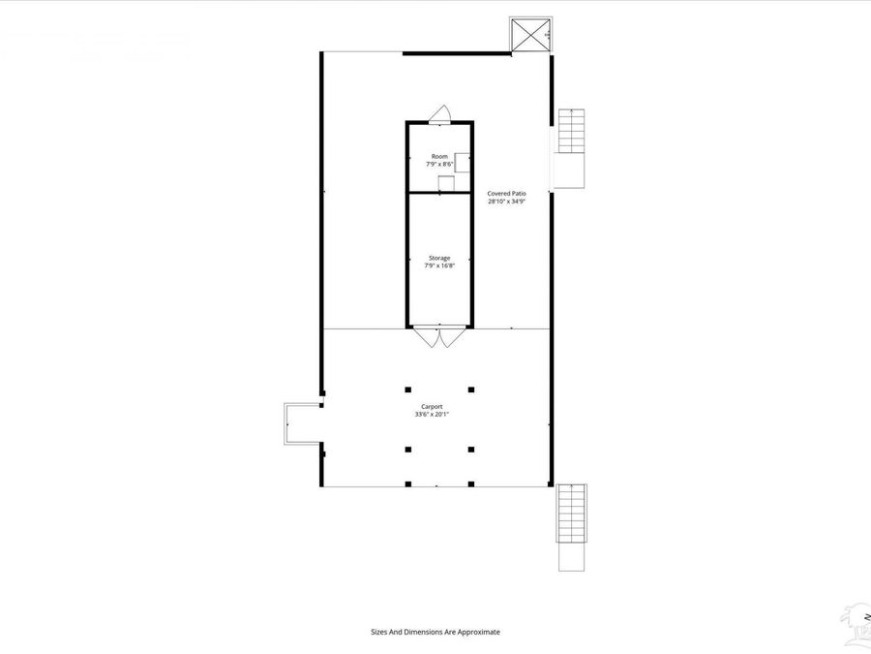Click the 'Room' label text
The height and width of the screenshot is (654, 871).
(439, 157)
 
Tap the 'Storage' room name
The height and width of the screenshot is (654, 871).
(439, 258)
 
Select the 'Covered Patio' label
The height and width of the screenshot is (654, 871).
(506, 194)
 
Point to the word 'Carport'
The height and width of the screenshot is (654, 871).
(432, 406)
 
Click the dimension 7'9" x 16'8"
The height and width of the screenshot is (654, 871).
(439, 265)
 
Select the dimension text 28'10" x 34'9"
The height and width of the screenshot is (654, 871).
(506, 202)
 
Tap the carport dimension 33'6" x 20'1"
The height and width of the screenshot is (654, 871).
(432, 414)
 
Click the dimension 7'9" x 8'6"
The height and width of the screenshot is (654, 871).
(439, 165)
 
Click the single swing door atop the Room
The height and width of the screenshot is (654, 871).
(439, 113)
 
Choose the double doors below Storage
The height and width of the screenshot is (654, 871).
(439, 338)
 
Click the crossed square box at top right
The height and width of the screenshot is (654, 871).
(531, 36)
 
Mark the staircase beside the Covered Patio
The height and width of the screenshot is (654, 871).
(571, 133)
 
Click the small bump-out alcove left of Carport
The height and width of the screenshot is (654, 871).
(302, 423)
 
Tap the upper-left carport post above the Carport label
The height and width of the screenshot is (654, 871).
(408, 389)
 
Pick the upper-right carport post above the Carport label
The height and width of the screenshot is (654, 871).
(471, 389)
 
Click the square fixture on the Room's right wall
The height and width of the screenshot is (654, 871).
(462, 163)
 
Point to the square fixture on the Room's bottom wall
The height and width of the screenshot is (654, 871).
(445, 184)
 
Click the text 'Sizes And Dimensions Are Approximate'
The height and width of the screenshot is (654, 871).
(435, 632)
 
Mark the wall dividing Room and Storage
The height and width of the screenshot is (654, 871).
(439, 193)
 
